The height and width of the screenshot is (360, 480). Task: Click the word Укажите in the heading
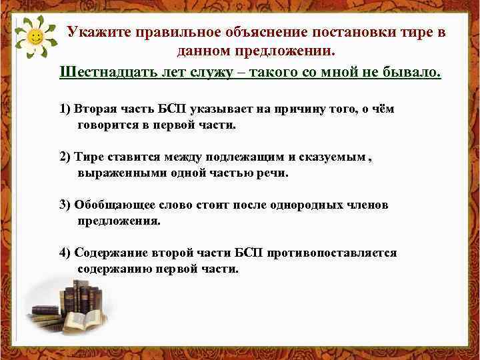pyautogui.click(x=98, y=33)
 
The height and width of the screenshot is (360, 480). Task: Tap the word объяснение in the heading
pyautogui.click(x=261, y=33)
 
